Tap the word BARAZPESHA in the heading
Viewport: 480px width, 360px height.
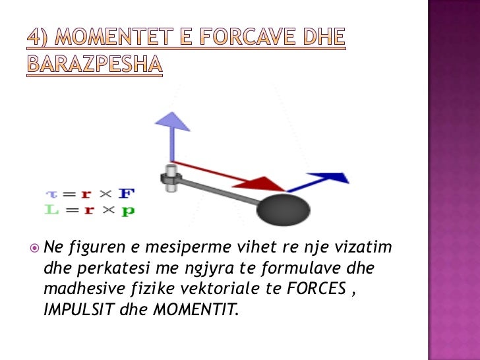point(94,65)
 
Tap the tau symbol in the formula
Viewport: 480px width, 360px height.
point(51,195)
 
